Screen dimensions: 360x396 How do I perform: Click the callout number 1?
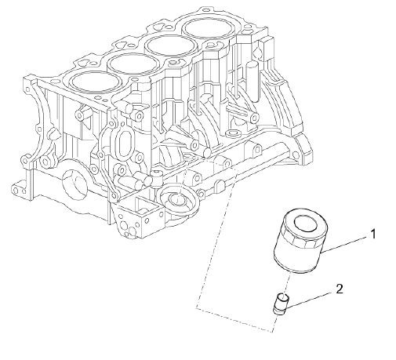(x=374, y=234)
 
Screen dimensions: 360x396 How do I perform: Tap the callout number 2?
(x=339, y=289)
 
